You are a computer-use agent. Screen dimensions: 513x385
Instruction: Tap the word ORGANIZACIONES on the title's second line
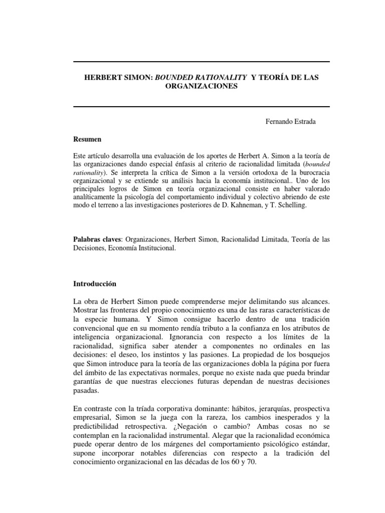coord(201,86)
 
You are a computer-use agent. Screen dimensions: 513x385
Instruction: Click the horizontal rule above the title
coord(201,61)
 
